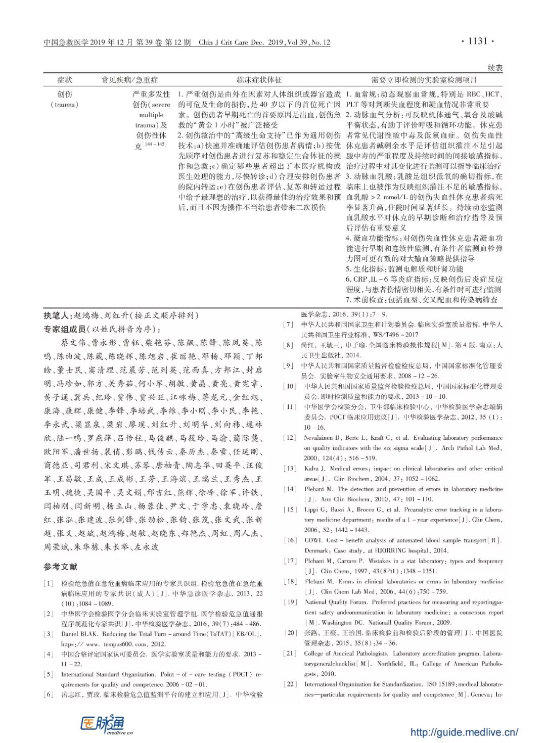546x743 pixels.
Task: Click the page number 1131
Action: click(477, 41)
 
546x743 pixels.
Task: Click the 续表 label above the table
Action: click(494, 68)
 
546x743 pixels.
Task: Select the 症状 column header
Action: click(65, 80)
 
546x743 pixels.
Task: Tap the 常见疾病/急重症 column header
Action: click(129, 80)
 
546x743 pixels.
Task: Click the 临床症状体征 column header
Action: click(259, 80)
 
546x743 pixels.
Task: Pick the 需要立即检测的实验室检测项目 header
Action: click(424, 80)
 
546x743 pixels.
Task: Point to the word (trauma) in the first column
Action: click(65, 105)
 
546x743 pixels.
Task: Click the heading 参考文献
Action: click(60, 567)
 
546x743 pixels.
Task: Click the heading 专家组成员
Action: click(65, 329)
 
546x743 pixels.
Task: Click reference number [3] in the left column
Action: click(49, 634)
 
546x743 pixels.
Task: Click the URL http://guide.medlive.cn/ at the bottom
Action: click(464, 732)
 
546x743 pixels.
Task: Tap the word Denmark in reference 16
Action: click(317, 550)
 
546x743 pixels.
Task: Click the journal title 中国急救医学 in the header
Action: click(66, 42)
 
